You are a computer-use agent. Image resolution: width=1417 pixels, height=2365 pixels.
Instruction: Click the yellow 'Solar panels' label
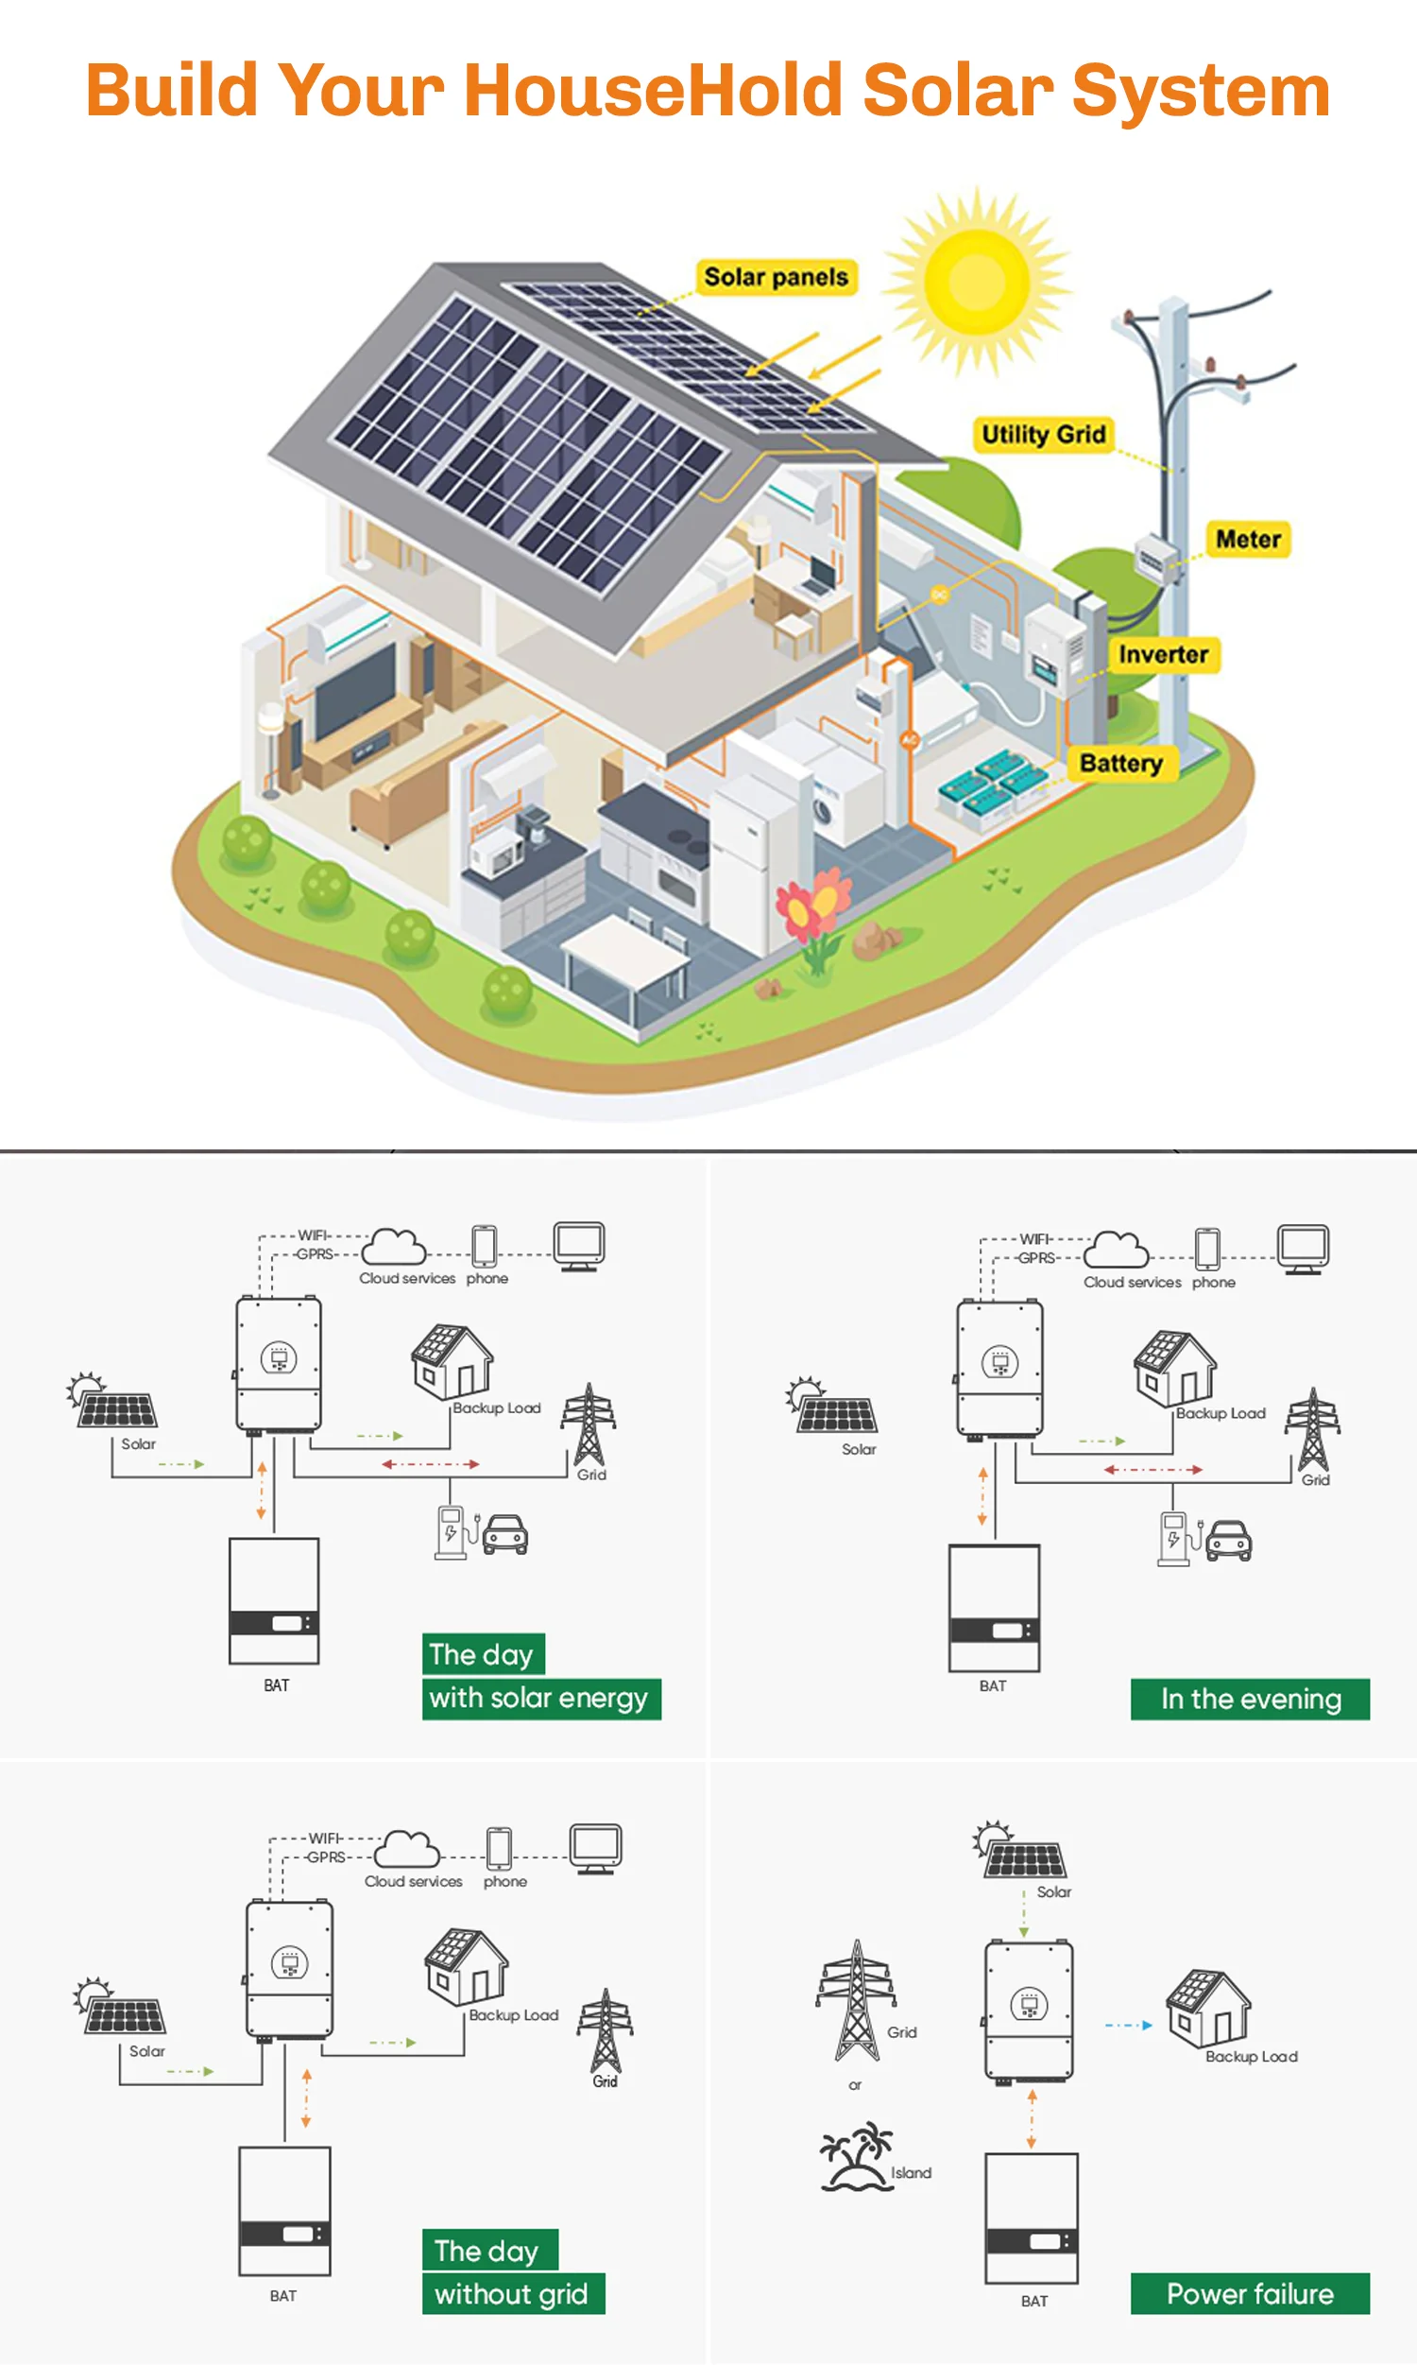tap(776, 277)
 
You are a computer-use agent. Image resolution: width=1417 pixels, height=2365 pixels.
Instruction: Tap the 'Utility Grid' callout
tap(1043, 435)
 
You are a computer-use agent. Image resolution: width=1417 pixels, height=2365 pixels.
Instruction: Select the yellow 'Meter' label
tap(1248, 540)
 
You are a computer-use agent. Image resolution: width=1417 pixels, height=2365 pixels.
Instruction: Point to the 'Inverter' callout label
tap(1163, 655)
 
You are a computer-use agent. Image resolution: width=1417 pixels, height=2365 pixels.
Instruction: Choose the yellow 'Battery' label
tap(1121, 763)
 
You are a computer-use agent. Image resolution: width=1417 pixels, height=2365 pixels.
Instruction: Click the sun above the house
tap(976, 282)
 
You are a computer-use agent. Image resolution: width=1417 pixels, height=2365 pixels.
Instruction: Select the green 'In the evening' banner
tap(1250, 1700)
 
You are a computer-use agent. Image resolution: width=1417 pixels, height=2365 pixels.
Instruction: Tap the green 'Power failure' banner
tap(1250, 2293)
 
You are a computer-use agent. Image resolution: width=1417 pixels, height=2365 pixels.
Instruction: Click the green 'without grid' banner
tap(513, 2293)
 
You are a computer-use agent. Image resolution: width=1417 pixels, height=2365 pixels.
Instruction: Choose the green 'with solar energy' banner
tap(540, 1699)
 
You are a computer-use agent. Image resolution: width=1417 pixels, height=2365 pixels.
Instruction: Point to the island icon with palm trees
tap(856, 2155)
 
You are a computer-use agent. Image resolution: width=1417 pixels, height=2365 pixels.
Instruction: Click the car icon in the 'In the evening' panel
tap(1229, 1540)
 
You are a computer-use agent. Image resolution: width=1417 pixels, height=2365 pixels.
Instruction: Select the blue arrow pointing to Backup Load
tap(1129, 2024)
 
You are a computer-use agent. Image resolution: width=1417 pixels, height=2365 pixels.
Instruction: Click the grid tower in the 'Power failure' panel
tap(857, 2000)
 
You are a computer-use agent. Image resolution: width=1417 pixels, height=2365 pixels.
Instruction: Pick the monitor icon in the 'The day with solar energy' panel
tap(579, 1246)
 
